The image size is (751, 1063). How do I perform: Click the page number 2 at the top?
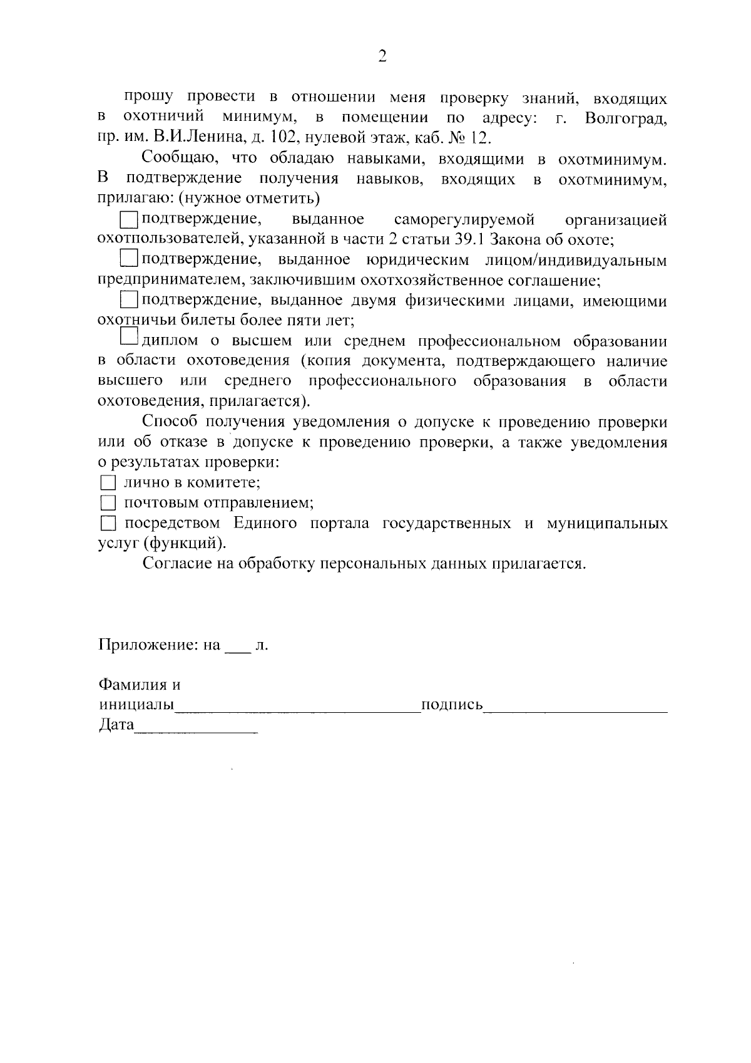(x=382, y=57)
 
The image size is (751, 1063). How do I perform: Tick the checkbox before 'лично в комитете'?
(x=108, y=483)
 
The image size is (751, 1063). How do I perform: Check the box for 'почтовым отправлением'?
(x=108, y=503)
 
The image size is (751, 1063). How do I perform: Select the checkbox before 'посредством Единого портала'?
(x=108, y=523)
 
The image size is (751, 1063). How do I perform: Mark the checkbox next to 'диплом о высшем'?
(x=129, y=339)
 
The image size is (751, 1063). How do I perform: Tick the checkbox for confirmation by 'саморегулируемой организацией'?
(x=129, y=219)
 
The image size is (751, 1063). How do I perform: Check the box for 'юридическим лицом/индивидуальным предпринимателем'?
(x=129, y=259)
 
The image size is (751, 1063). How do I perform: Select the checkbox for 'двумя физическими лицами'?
(x=129, y=300)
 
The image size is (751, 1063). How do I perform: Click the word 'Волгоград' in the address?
(x=626, y=118)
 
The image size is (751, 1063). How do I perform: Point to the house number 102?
(x=273, y=138)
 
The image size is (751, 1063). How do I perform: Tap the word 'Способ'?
(x=170, y=423)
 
